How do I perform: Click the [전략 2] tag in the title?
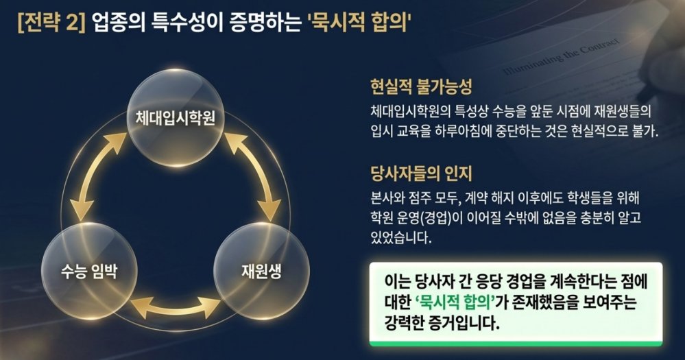coord(51,23)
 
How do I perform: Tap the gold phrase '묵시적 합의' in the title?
coord(361,23)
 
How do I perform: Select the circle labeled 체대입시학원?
coord(175,118)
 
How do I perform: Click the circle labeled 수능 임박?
coord(89,272)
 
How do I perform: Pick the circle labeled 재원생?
coord(261,272)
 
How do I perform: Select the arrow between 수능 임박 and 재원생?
coord(176,308)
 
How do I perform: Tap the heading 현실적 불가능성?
coord(421,87)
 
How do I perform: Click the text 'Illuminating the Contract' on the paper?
coord(562,56)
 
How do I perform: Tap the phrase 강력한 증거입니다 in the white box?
coord(442,323)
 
